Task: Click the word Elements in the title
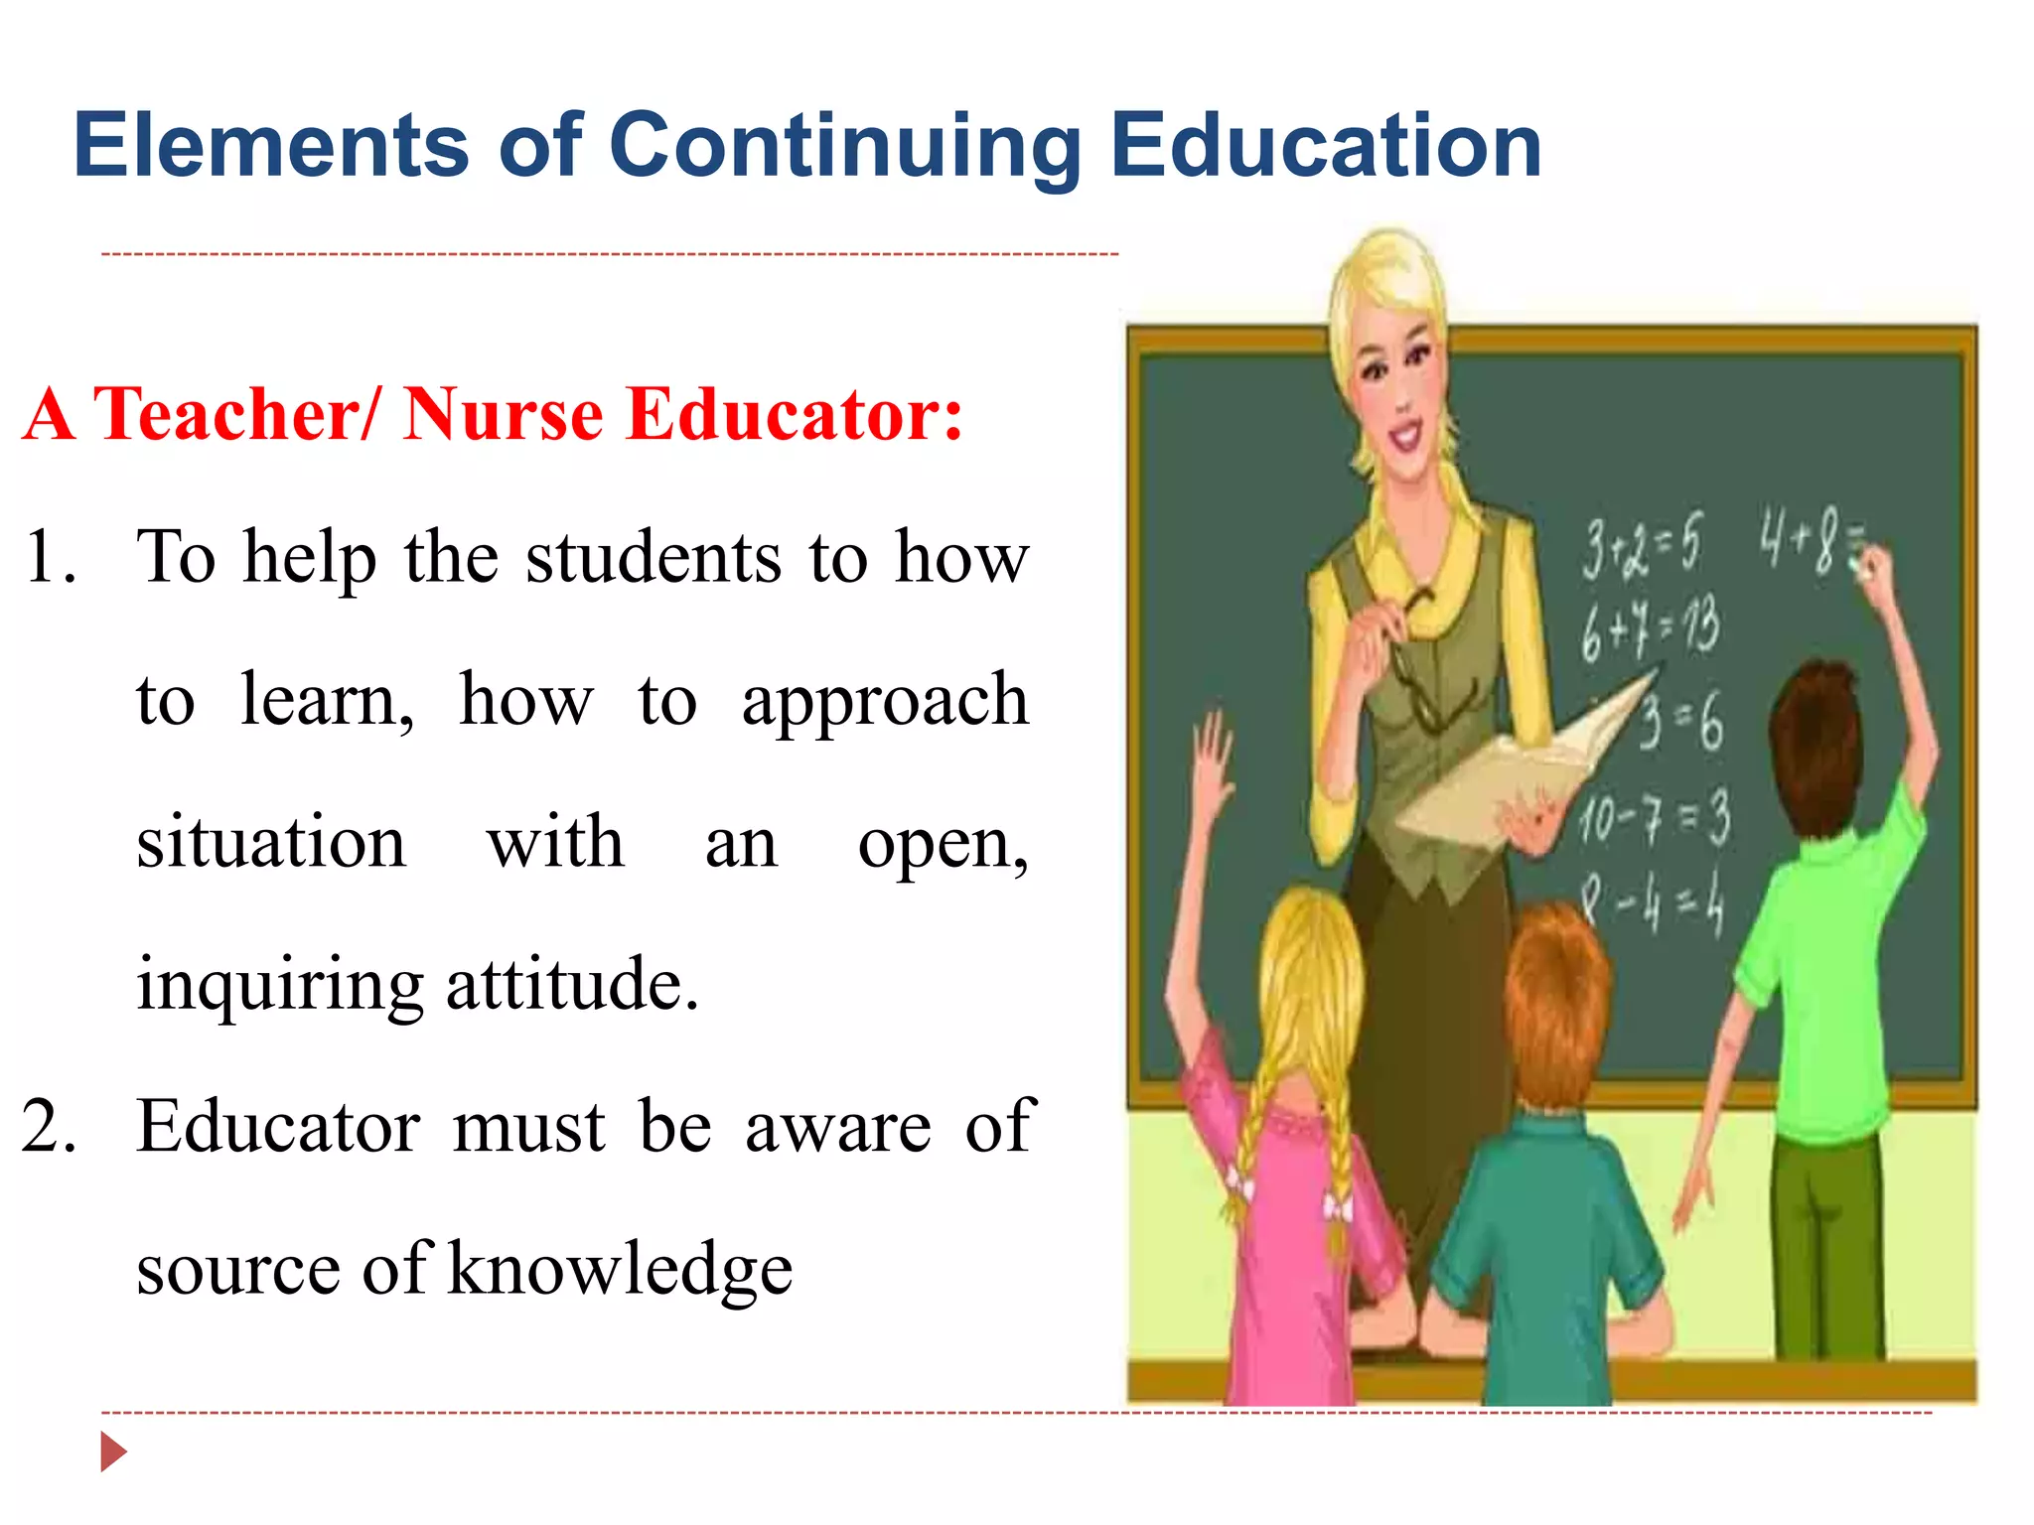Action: (x=270, y=146)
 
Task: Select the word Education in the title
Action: (x=1326, y=146)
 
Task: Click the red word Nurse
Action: (x=504, y=414)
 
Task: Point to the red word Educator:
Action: (x=795, y=414)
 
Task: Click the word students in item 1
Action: (x=654, y=558)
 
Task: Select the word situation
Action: (x=271, y=843)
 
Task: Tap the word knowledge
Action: (x=620, y=1271)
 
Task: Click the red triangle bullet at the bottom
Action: (x=113, y=1453)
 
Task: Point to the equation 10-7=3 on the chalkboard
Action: (x=1654, y=820)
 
